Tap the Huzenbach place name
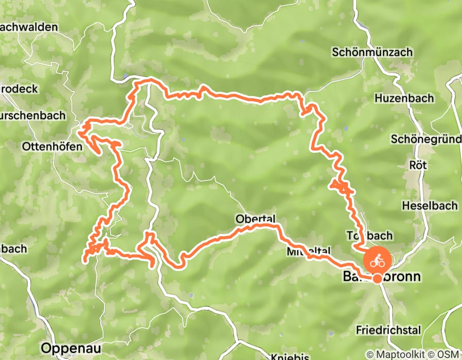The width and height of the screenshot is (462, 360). pyautogui.click(x=404, y=98)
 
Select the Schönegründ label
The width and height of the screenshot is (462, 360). pyautogui.click(x=426, y=139)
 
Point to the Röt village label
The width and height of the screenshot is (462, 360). pyautogui.click(x=417, y=165)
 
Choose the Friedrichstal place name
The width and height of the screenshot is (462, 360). pyautogui.click(x=388, y=330)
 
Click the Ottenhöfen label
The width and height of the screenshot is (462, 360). pyautogui.click(x=52, y=147)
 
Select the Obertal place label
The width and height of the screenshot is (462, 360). pyautogui.click(x=256, y=218)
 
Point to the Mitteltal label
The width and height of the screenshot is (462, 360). pyautogui.click(x=309, y=251)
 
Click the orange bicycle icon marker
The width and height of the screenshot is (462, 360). pyautogui.click(x=378, y=261)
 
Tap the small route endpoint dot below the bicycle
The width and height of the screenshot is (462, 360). pyautogui.click(x=378, y=279)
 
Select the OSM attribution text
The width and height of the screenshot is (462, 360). pyautogui.click(x=448, y=354)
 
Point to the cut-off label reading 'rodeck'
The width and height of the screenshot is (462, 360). pyautogui.click(x=19, y=89)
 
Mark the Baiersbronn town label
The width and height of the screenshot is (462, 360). pyautogui.click(x=381, y=277)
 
